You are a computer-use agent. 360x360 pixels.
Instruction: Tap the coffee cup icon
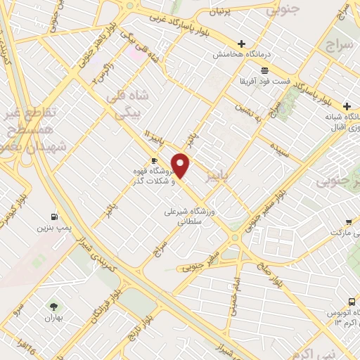tap(154, 161)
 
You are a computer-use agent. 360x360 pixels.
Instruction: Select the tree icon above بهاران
tap(53, 306)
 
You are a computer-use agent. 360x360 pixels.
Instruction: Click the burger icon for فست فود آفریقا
tap(264, 70)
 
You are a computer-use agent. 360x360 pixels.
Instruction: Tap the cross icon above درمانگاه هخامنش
tap(241, 44)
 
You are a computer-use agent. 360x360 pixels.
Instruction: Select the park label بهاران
tap(53, 318)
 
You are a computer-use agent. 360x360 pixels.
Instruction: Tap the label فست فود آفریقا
tap(265, 81)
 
